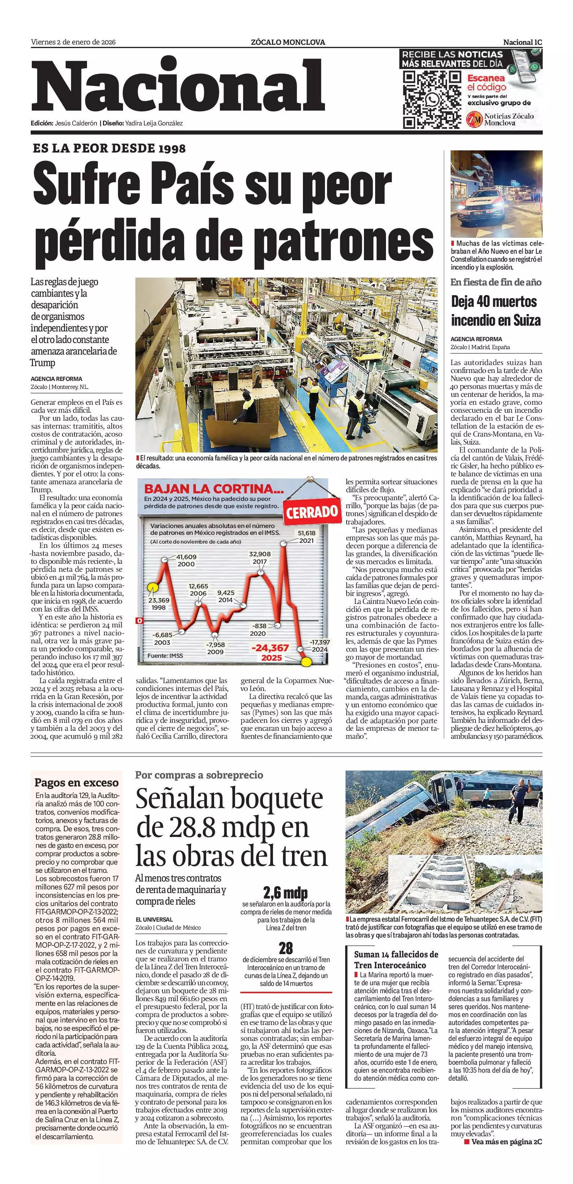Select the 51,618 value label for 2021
pos(307,536)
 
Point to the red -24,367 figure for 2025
pos(270,652)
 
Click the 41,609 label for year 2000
pos(186,560)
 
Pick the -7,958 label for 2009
pos(215,648)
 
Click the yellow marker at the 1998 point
pos(152,587)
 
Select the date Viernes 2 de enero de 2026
pos(73,42)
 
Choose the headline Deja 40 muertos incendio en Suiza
pos(495,311)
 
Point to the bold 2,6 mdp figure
pos(285,893)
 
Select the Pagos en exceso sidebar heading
pos(76,783)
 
